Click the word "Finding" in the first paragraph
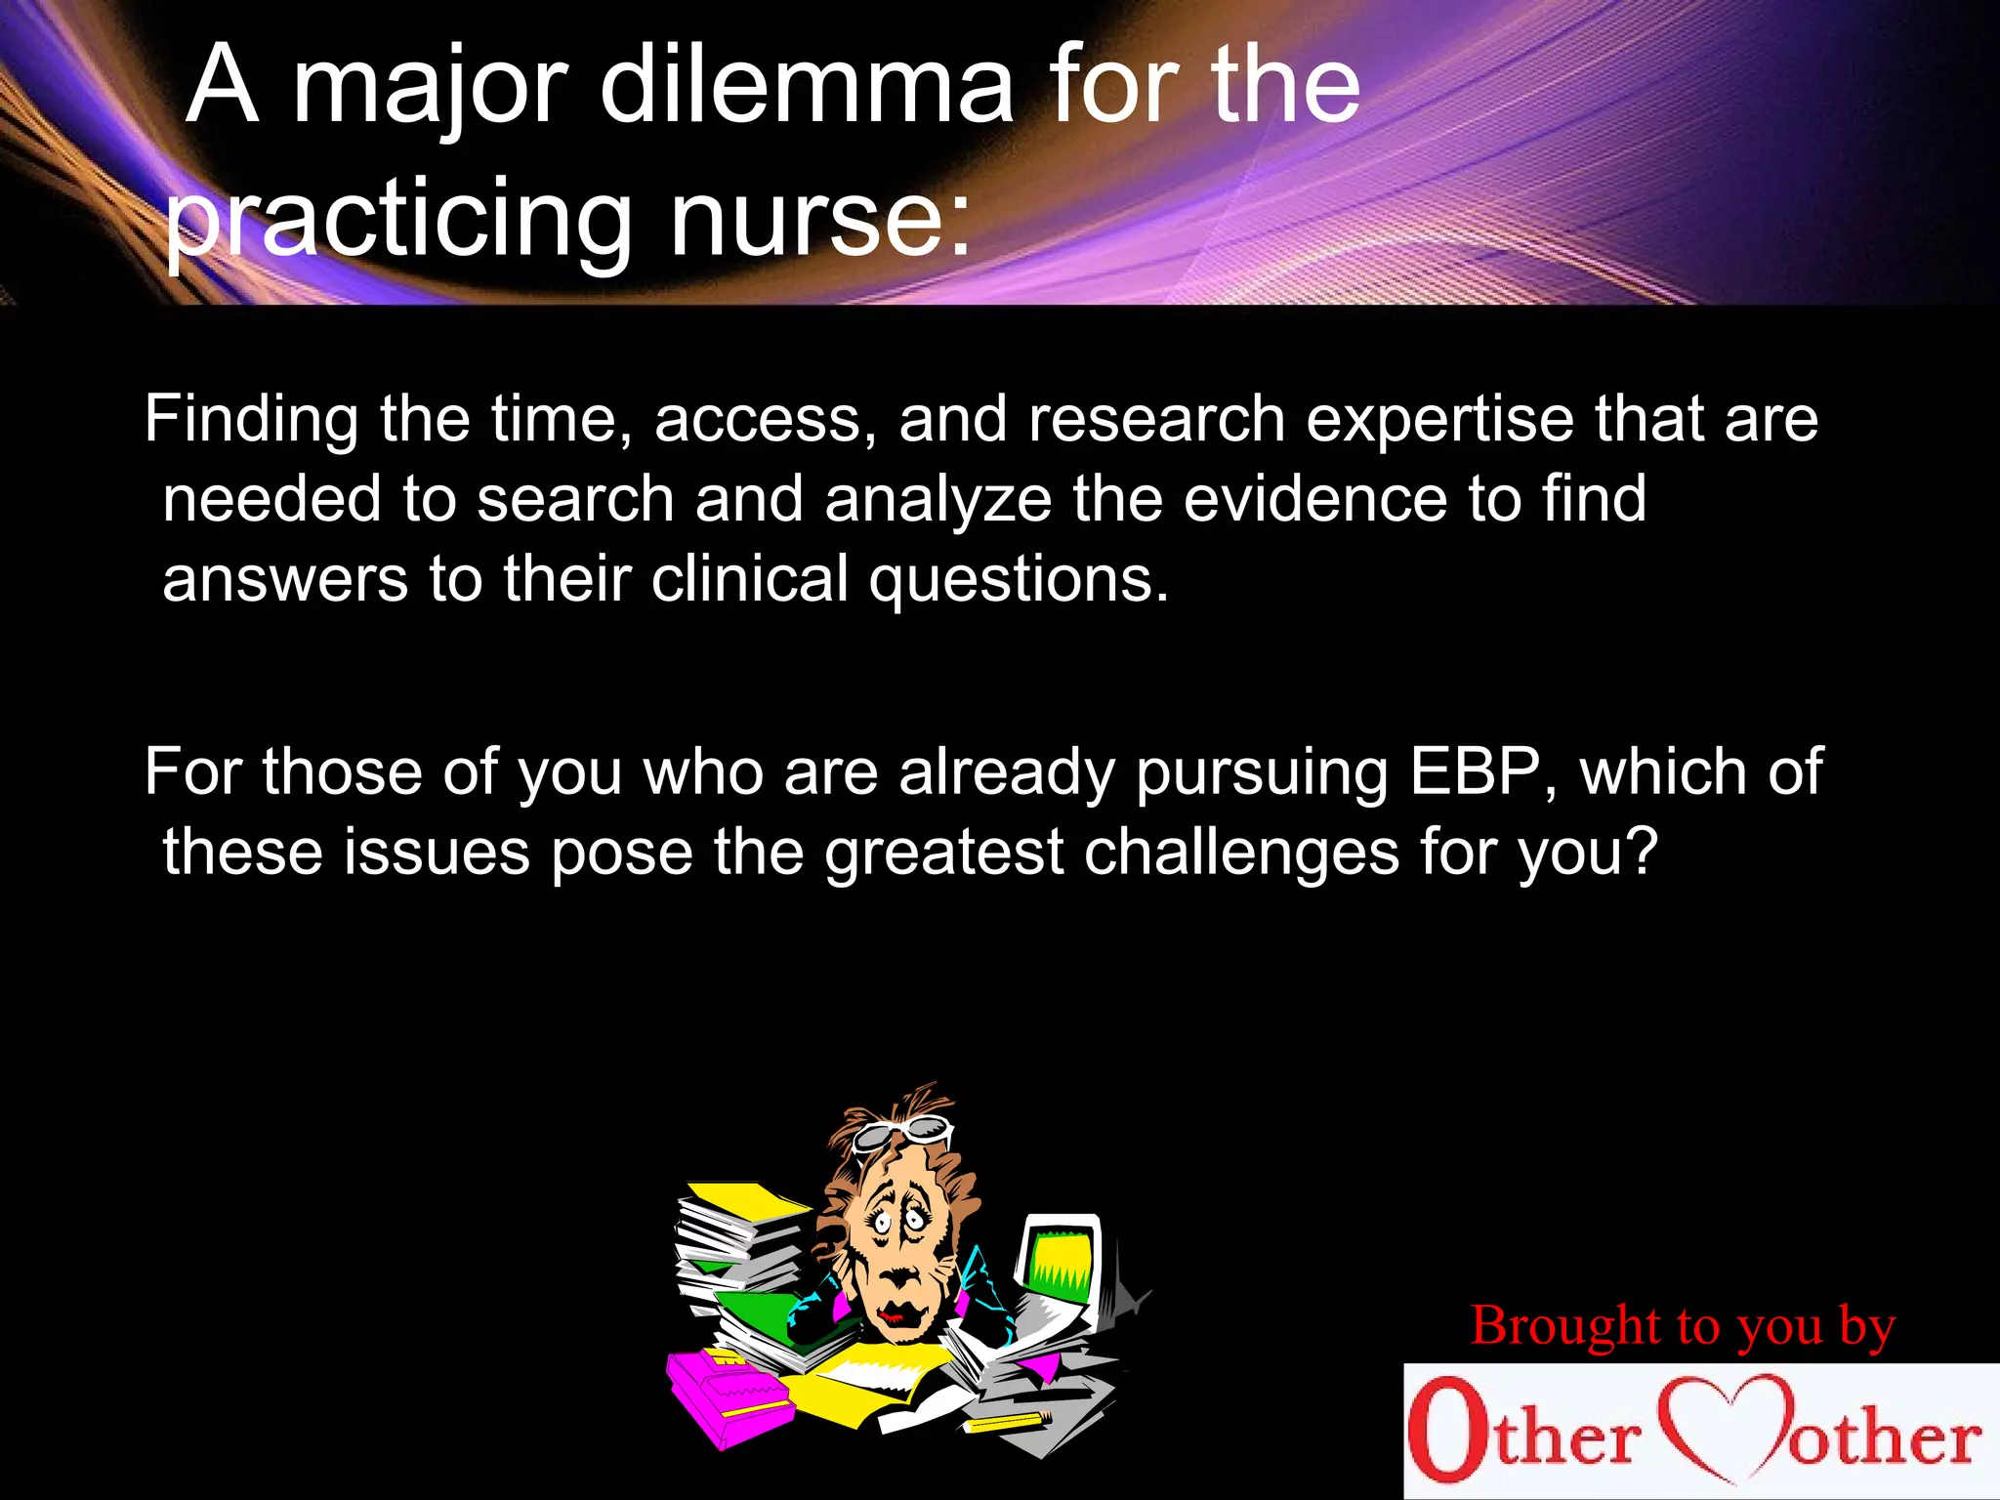[x=252, y=420]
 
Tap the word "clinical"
[x=750, y=578]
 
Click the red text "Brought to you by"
[x=1683, y=1326]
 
